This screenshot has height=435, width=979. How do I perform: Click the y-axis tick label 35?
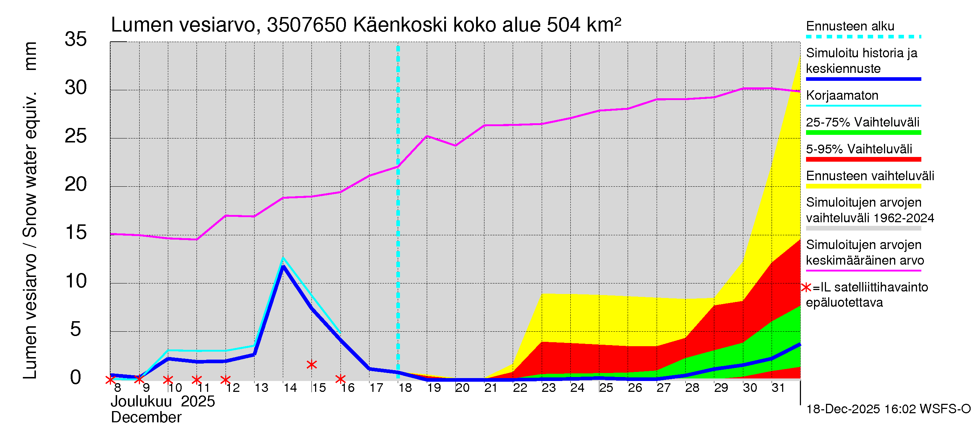(x=76, y=39)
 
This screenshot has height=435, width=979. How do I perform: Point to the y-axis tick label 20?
(x=76, y=185)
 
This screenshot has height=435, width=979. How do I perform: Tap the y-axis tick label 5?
(x=76, y=330)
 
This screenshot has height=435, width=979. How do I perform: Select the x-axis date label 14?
(x=290, y=388)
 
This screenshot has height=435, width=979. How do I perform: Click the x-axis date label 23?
(x=548, y=388)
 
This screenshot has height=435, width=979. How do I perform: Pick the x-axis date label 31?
(x=778, y=388)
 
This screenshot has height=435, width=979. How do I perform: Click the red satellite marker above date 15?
(x=311, y=365)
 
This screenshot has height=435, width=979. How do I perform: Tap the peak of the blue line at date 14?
(x=283, y=266)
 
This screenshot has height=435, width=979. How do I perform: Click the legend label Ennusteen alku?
(x=850, y=26)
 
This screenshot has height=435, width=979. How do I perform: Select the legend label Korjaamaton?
(x=842, y=95)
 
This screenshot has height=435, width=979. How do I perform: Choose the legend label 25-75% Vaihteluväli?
(x=862, y=122)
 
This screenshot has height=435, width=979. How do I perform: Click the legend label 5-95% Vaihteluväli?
(x=859, y=149)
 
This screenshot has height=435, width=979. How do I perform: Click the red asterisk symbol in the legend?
(x=806, y=287)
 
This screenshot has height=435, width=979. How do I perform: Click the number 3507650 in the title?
(x=306, y=25)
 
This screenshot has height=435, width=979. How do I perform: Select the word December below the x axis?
(x=146, y=418)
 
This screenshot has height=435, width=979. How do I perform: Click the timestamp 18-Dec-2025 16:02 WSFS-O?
(x=888, y=409)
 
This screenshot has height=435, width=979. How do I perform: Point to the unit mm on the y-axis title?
(x=30, y=56)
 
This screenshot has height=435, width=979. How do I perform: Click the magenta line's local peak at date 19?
(x=427, y=136)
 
